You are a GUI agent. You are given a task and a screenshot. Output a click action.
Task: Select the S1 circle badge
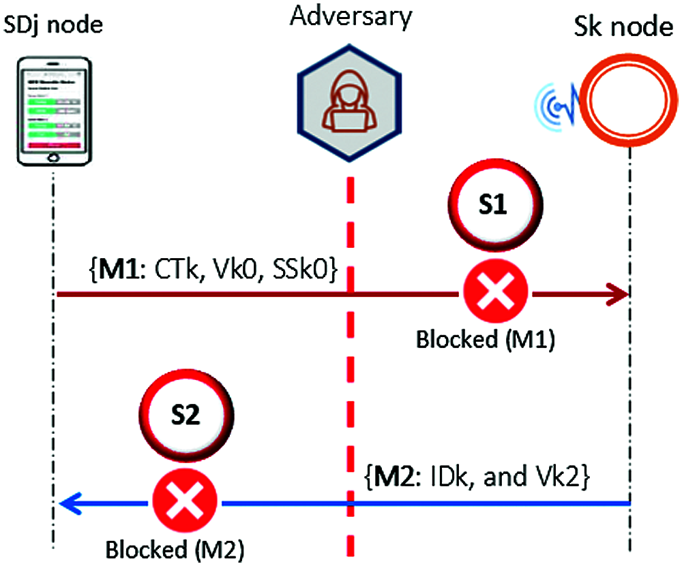point(495,208)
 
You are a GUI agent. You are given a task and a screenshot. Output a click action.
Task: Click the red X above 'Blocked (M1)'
point(496,294)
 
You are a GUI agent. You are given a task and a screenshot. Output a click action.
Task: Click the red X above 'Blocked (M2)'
point(184,503)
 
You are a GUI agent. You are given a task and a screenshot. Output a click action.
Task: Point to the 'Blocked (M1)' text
point(486,339)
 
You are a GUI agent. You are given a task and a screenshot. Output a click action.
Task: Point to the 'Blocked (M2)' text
point(175,549)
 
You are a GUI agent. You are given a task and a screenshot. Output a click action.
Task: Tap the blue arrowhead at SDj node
point(68,503)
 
